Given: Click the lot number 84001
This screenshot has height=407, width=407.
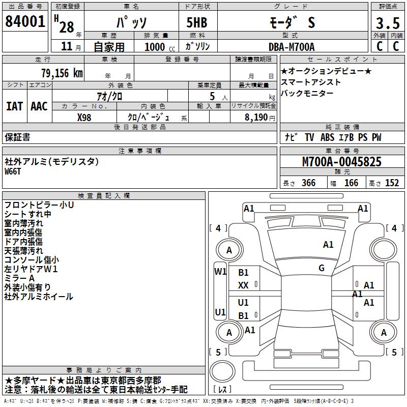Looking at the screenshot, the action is coord(24,22).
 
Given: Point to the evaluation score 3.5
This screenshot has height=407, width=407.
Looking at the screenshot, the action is coord(387,23).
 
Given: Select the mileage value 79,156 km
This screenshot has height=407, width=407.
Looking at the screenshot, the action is coord(62,73).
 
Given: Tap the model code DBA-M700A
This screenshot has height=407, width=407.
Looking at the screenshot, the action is coord(292,47).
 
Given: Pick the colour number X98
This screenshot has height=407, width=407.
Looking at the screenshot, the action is coord(84,117).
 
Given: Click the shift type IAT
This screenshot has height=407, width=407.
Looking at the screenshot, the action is coord(15,106).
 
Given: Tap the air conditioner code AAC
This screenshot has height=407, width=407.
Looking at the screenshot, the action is coord(39,106).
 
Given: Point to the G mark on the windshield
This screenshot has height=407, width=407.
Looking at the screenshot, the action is coord(321,268).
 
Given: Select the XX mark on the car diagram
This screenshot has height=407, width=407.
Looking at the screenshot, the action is coord(244,286).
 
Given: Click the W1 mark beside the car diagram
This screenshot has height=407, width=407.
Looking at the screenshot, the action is coord(220,271).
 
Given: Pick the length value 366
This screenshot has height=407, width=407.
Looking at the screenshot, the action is coord(308,183).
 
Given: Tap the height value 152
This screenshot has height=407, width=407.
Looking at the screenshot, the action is coord(392,183).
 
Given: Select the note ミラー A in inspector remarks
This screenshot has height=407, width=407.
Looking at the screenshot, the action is coord(20,278).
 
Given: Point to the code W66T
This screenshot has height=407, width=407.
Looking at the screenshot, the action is coord(13,171).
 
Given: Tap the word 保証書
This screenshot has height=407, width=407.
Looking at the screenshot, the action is coord(17,137).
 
